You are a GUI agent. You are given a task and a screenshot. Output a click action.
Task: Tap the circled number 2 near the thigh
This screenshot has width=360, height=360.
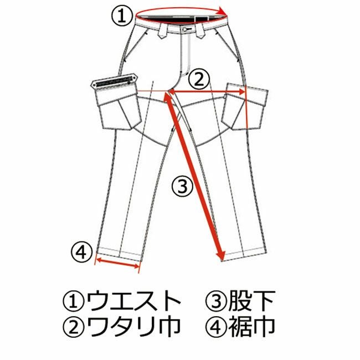click(199, 80)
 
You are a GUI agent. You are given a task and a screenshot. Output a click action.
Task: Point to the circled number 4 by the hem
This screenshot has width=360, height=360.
click(81, 253)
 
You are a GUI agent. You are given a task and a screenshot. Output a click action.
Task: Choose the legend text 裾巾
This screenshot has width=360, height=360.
click(255, 327)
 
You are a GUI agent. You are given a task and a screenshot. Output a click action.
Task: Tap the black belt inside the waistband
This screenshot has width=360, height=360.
click(172, 19)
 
